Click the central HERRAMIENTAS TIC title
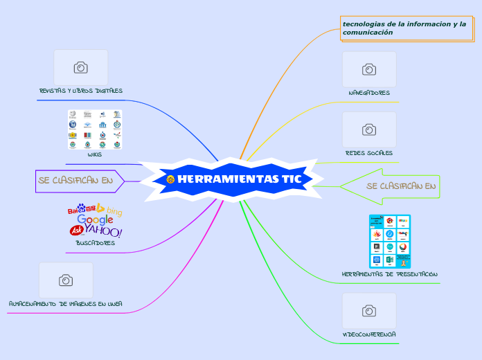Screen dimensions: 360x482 click(x=239, y=179)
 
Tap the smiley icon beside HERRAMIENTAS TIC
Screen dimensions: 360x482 click(x=170, y=179)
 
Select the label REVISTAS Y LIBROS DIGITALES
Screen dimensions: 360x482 click(x=81, y=91)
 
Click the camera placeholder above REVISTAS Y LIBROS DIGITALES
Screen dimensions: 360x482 click(x=81, y=67)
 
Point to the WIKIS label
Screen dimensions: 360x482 click(x=95, y=154)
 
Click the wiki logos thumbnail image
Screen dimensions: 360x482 click(x=95, y=129)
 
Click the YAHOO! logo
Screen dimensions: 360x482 click(x=104, y=231)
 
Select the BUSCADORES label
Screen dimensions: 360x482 click(x=95, y=243)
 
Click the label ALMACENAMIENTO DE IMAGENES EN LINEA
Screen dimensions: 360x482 click(x=66, y=304)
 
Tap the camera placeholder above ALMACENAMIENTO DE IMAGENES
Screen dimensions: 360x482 click(x=66, y=280)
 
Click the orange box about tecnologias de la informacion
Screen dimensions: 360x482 click(x=405, y=28)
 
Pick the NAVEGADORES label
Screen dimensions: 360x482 click(x=369, y=93)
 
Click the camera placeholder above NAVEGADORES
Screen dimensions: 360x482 click(x=369, y=69)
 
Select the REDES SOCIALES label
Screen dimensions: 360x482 click(x=369, y=153)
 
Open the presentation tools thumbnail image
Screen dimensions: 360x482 click(x=390, y=241)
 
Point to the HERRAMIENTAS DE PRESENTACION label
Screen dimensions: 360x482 click(x=390, y=274)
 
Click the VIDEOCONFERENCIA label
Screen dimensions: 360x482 click(x=369, y=334)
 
